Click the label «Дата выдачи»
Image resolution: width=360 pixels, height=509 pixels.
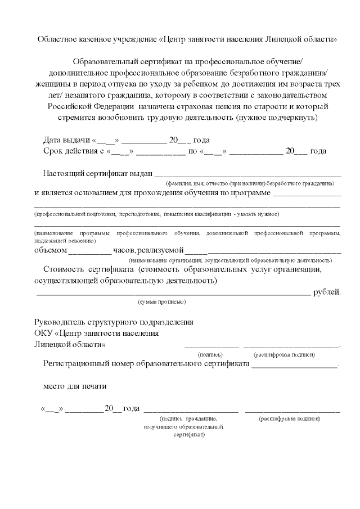[66, 140]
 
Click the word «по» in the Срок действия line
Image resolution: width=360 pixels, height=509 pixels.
[192, 151]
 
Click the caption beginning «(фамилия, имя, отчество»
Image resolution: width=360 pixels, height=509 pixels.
[249, 183]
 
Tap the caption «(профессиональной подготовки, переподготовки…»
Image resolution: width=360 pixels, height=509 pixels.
[156, 214]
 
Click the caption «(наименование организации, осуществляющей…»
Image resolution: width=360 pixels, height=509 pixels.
[230, 260]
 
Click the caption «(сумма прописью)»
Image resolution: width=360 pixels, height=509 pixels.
[162, 302]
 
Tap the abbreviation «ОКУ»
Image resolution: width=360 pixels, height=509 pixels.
[43, 333]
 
